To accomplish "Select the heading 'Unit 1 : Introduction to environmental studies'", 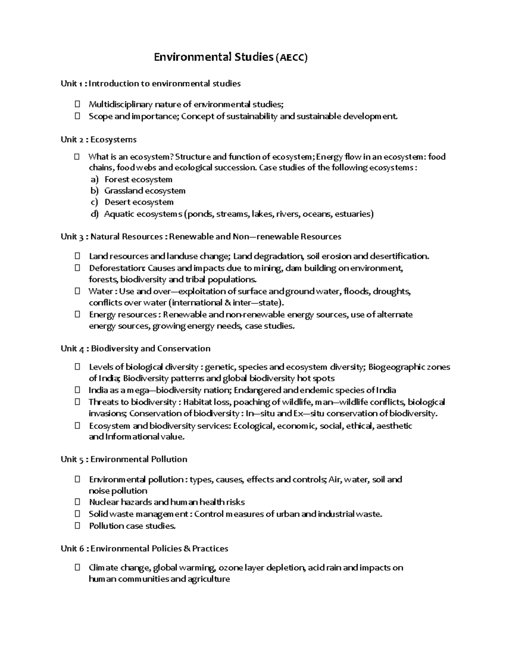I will click(151, 84).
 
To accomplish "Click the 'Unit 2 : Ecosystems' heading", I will click(99, 140).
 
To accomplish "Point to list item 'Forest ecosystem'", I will click(138, 180).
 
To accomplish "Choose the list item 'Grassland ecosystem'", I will click(145, 191).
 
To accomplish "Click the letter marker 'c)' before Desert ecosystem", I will click(94, 202).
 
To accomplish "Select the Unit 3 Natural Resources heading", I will click(201, 237).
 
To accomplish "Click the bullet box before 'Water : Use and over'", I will click(77, 291).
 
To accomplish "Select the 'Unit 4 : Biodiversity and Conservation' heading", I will click(135, 349).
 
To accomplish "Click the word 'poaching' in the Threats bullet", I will click(251, 402).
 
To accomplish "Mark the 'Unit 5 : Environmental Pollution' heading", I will click(124, 459).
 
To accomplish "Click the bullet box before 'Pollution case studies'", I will click(77, 526).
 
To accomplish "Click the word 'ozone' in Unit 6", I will click(231, 568).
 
